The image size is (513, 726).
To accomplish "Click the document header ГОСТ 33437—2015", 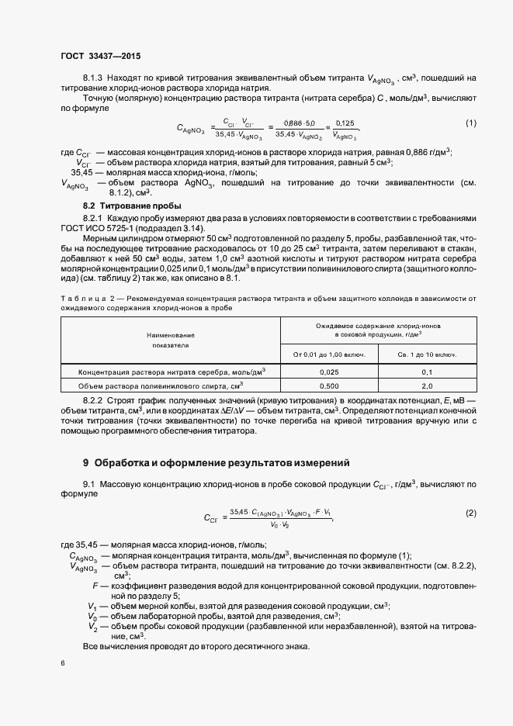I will click(100, 57).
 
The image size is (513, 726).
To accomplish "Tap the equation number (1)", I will click(470, 123).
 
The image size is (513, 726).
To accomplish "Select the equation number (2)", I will click(470, 513).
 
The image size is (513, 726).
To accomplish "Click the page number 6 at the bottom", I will click(63, 663).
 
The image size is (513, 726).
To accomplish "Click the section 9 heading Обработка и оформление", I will click(216, 463).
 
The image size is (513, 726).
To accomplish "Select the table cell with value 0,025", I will click(328, 372).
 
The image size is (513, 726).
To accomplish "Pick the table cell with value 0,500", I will click(328, 385).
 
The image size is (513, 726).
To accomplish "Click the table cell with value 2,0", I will click(426, 385).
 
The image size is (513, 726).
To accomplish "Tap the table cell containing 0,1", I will click(426, 372).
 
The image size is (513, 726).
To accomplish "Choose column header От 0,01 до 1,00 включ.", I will click(328, 354).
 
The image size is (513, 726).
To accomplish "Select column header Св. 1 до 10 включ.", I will click(426, 354).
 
